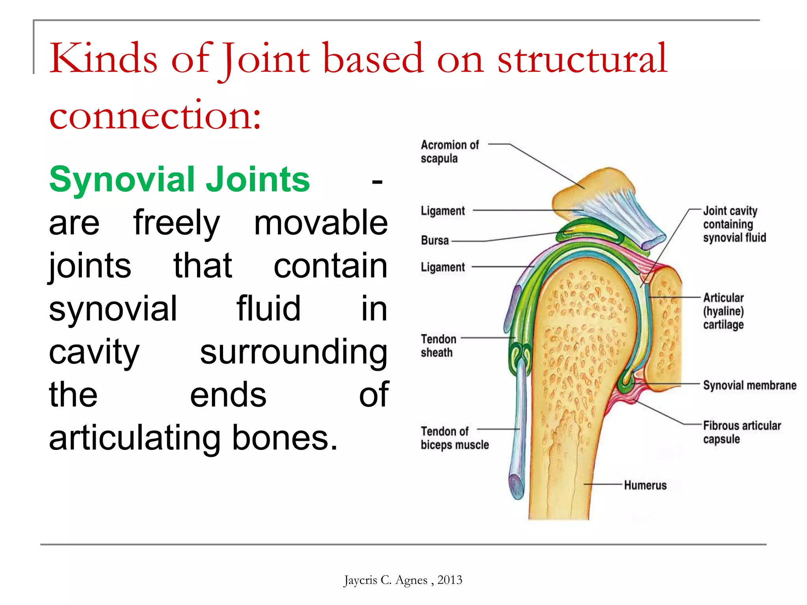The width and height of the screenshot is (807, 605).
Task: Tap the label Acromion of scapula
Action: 449,152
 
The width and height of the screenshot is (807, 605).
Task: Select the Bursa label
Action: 435,240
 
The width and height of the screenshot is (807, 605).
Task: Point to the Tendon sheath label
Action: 438,346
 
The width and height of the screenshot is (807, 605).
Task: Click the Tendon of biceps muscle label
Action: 454,438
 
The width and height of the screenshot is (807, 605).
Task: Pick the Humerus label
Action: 645,485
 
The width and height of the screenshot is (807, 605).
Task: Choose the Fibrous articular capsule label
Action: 741,432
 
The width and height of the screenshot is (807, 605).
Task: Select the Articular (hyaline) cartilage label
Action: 723,311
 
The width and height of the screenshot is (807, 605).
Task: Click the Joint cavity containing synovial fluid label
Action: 734,224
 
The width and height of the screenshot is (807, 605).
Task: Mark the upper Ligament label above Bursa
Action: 443,211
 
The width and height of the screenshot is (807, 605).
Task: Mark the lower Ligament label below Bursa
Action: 443,267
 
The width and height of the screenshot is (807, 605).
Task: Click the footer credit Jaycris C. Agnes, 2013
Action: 403,580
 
